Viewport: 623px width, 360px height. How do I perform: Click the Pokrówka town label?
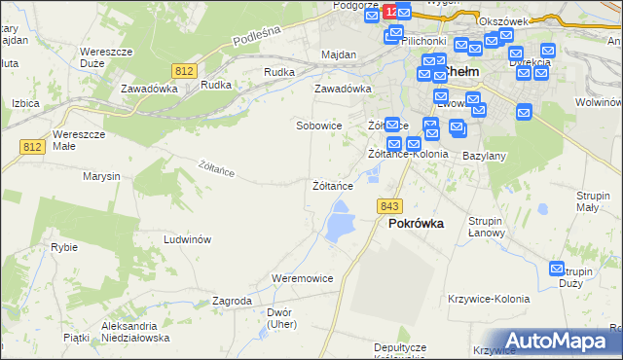[x=416, y=223]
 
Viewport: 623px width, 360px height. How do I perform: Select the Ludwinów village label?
[x=188, y=239]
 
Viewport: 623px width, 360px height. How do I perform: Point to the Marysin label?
[x=101, y=176]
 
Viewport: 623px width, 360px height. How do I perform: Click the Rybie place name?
[x=64, y=247]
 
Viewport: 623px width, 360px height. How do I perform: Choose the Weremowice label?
[x=303, y=278]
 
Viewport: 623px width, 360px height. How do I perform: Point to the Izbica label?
[x=25, y=102]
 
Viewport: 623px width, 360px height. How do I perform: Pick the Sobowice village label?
[x=319, y=126]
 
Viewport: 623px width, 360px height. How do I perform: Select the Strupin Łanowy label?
[x=485, y=227]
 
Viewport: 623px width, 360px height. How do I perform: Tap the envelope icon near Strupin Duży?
[x=558, y=269]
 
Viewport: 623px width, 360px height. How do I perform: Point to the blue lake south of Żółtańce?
[x=339, y=222]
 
